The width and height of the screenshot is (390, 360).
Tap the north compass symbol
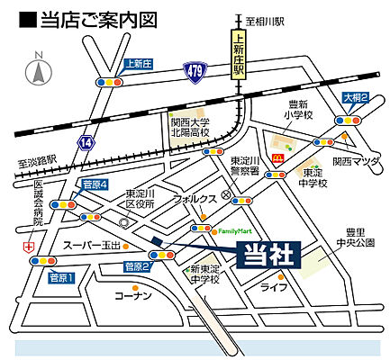(x=39, y=72)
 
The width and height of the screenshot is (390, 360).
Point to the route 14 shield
(x=86, y=142)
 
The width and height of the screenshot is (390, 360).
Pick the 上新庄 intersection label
(x=137, y=64)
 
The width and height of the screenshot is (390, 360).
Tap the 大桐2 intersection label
(x=355, y=97)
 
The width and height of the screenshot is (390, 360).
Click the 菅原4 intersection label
(x=95, y=185)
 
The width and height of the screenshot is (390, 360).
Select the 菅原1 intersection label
(x=60, y=276)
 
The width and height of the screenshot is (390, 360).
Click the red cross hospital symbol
(x=29, y=246)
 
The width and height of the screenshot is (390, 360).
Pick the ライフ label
(x=272, y=287)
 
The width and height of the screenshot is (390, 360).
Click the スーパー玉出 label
(x=90, y=245)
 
